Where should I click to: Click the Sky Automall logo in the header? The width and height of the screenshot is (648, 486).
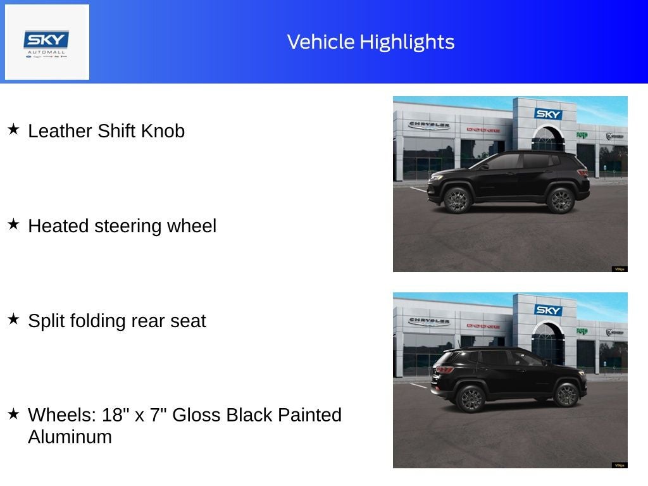(47, 42)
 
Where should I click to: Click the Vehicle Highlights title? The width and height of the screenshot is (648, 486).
(371, 42)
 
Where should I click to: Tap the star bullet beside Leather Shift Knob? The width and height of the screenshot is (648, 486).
(13, 129)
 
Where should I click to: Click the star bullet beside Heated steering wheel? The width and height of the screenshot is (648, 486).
(13, 224)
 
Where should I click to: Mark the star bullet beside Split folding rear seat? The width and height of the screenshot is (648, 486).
(13, 319)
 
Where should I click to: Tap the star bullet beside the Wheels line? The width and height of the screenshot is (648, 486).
(13, 413)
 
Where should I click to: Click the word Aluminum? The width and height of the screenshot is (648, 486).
(70, 437)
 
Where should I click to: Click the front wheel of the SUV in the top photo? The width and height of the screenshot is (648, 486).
(455, 200)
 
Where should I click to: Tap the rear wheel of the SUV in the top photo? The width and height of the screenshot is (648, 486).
(560, 200)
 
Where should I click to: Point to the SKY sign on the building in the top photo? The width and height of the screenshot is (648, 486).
(548, 114)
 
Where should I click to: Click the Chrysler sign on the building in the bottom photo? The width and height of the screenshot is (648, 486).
(429, 321)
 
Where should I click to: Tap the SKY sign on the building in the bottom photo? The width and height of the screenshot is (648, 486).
(548, 310)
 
